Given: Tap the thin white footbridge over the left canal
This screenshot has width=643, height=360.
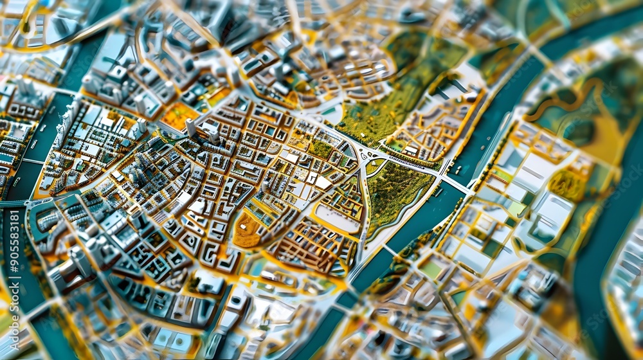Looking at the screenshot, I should pyautogui.click(x=32, y=161).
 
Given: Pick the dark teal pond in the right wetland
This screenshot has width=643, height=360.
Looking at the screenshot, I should pyautogui.click(x=579, y=132).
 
